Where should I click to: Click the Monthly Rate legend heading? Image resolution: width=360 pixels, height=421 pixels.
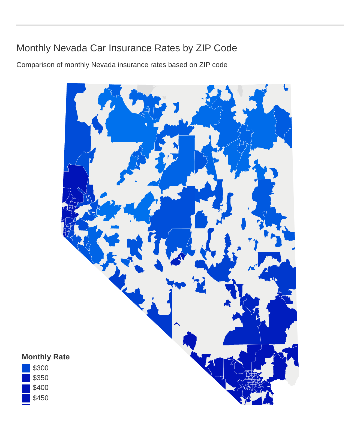click(x=46, y=357)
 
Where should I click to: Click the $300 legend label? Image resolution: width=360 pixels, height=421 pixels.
click(x=40, y=368)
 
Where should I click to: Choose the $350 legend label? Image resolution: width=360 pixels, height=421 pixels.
click(x=40, y=378)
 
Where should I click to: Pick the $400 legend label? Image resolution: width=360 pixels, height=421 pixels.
click(x=40, y=388)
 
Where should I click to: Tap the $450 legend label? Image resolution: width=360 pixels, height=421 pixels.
click(x=40, y=398)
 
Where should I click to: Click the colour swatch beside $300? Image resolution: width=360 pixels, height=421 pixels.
click(x=26, y=368)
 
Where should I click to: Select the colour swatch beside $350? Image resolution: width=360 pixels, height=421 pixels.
click(x=26, y=378)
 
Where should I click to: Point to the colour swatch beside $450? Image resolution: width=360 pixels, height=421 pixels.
click(x=26, y=398)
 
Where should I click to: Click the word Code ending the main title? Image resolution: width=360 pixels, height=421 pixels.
click(x=225, y=48)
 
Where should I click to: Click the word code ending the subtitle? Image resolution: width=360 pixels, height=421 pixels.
click(x=221, y=65)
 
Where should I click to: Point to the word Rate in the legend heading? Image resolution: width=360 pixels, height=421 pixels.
click(x=62, y=357)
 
